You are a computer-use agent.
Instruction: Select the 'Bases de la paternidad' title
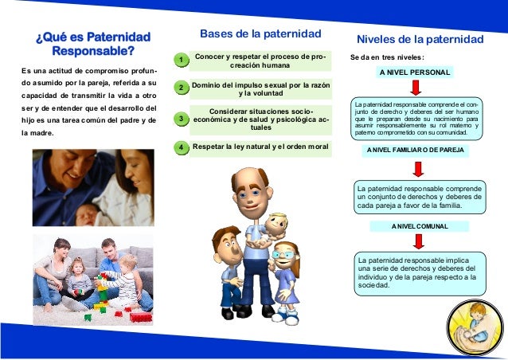260,33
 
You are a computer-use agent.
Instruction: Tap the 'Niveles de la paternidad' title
420,39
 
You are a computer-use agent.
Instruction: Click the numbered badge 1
182,61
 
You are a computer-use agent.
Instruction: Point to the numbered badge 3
182,119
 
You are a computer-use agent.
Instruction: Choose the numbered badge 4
182,147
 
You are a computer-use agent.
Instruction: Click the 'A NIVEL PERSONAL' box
415,72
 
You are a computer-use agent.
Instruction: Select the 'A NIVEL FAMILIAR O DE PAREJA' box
415,149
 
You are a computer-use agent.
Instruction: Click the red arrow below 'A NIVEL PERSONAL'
416,88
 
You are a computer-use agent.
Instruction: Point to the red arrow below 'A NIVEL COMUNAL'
416,242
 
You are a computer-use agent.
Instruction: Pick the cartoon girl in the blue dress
285,279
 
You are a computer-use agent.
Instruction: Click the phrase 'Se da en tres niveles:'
387,57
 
